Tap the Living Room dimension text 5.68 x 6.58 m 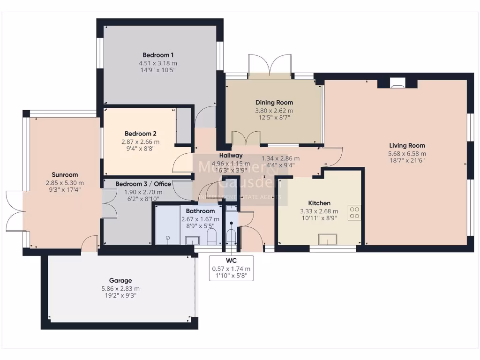point(407,153)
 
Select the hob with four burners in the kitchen point(354,213)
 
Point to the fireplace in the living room point(397,83)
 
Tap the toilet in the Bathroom point(211,237)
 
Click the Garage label point(120,280)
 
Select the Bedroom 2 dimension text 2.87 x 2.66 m point(141,142)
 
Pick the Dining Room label point(274,103)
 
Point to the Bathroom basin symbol point(192,240)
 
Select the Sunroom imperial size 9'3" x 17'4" point(65,191)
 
